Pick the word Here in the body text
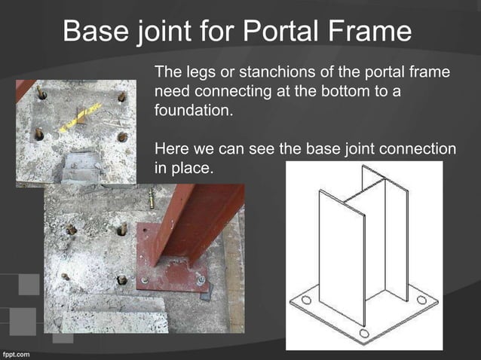tap(170, 149)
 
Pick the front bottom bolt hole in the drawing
tap(364, 333)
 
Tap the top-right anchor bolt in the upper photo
tap(122, 98)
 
